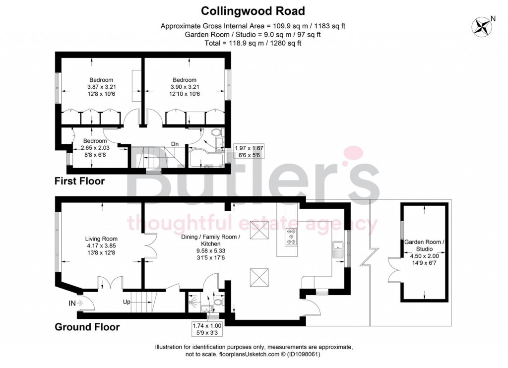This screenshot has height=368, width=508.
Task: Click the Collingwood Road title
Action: [253, 10]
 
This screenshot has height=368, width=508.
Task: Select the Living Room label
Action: [101, 239]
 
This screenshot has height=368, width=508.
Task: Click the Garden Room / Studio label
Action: [424, 245]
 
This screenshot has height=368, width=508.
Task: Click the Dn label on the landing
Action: [175, 144]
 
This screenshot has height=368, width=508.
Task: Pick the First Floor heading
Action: [79, 181]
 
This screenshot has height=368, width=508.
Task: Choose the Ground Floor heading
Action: [87, 327]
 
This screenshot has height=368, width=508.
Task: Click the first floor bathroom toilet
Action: [216, 133]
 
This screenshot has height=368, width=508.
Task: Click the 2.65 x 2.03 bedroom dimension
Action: [91, 147]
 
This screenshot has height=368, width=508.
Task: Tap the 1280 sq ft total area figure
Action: [287, 43]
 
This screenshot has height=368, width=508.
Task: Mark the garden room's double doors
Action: [394, 270]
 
